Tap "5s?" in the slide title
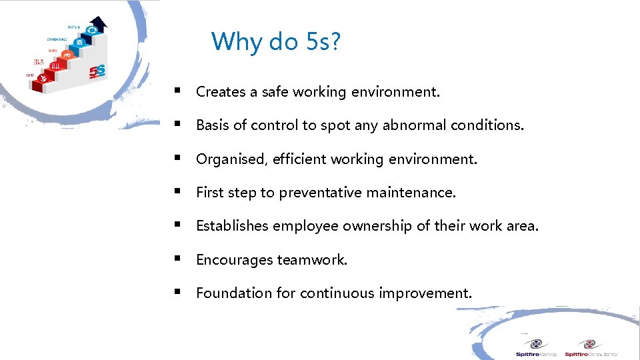[x=324, y=42]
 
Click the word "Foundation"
[x=229, y=293]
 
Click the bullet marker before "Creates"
[x=177, y=90]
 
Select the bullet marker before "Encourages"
[x=177, y=257]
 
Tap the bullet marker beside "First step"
[x=177, y=191]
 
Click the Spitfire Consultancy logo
[x=591, y=348]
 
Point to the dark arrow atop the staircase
[x=98, y=25]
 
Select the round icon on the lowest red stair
[x=44, y=79]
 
